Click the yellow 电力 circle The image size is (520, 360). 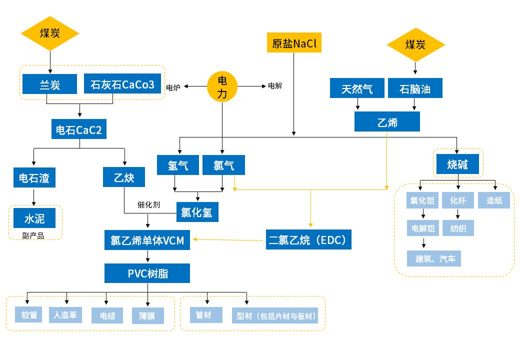point(222,86)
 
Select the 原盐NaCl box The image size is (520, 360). point(294,43)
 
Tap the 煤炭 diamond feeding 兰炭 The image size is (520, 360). point(50,33)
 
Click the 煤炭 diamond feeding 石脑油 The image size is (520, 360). point(415,44)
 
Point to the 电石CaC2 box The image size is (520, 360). point(79,130)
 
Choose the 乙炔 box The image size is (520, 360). point(124,177)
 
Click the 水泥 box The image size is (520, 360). point(35,218)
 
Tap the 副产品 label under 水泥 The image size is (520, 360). point(33,235)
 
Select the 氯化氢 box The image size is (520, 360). point(197,212)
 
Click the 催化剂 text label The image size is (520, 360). point(148,205)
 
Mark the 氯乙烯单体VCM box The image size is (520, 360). point(147,240)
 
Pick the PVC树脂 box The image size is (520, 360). point(147,273)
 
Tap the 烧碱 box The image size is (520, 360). point(457,164)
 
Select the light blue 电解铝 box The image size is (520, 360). point(423,229)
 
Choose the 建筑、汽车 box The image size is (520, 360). point(434,258)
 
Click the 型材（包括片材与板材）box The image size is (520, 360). point(275,316)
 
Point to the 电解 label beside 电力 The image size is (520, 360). point(275,85)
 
